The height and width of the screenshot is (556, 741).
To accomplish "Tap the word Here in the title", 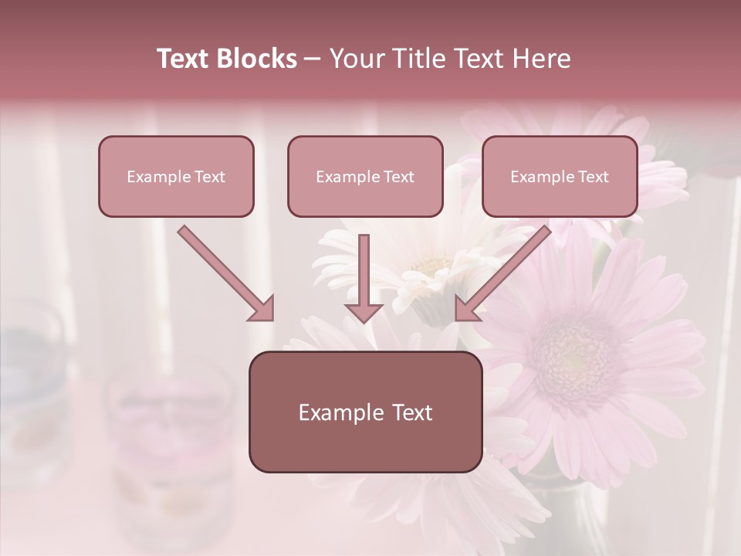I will coord(540,59).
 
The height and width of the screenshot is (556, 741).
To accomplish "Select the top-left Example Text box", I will coord(176,177).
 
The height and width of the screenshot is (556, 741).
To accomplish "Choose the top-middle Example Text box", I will coord(365,177).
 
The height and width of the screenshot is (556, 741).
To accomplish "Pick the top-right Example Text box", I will coord(560,177).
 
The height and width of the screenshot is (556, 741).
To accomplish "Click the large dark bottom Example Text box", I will coord(365,412).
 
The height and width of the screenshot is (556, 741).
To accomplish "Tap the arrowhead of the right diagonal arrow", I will coord(468,308).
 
